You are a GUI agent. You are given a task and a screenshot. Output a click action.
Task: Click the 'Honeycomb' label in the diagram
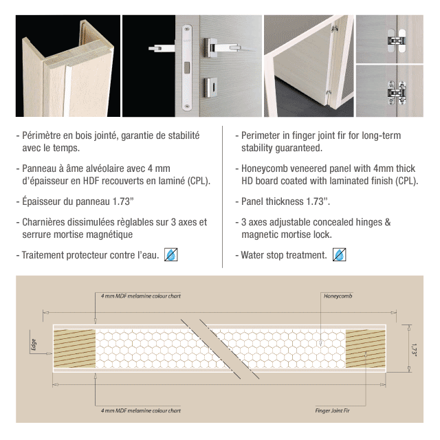tap(338, 296)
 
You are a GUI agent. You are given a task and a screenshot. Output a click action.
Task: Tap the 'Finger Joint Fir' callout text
tap(332, 410)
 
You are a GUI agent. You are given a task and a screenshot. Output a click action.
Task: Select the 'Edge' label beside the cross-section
tap(34, 344)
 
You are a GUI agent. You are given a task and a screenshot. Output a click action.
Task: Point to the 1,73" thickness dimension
tap(414, 349)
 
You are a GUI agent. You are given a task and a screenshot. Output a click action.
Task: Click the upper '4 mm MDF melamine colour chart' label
tap(140, 296)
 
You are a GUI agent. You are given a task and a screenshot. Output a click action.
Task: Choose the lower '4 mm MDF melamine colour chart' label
tap(140, 410)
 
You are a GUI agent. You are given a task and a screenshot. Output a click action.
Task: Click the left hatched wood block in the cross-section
tap(74, 349)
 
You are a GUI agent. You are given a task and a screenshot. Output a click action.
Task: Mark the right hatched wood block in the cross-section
tap(365, 349)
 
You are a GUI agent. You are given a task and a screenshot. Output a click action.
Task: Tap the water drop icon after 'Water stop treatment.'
tap(339, 255)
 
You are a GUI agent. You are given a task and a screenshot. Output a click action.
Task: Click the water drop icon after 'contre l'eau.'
tap(171, 255)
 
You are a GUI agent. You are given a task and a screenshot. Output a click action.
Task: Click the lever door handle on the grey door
tap(221, 46)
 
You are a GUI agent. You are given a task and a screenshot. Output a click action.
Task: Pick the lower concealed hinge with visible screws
tap(397, 93)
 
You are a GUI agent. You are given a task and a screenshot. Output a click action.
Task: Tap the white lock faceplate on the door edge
tap(187, 67)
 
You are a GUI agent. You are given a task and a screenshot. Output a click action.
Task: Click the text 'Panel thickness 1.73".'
tap(285, 201)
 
